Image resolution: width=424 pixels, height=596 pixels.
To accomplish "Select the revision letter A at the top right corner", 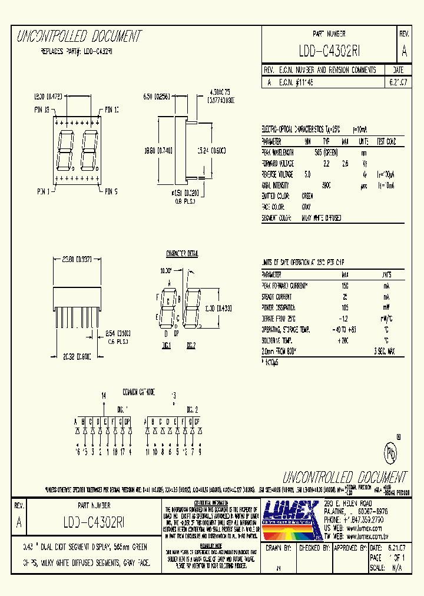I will pos(403,51).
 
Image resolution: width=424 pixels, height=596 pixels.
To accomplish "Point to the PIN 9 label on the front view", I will pos(111,191).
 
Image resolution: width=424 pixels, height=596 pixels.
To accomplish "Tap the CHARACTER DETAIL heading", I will pos(182,253).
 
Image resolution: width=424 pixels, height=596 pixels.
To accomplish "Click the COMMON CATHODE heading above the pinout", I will pos(138,391).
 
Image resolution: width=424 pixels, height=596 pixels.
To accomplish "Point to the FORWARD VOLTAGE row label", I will pos(277,163).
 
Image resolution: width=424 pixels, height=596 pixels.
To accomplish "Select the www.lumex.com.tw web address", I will pos(368,537).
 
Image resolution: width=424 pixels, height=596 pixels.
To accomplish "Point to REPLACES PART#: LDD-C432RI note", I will pos(76,51).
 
